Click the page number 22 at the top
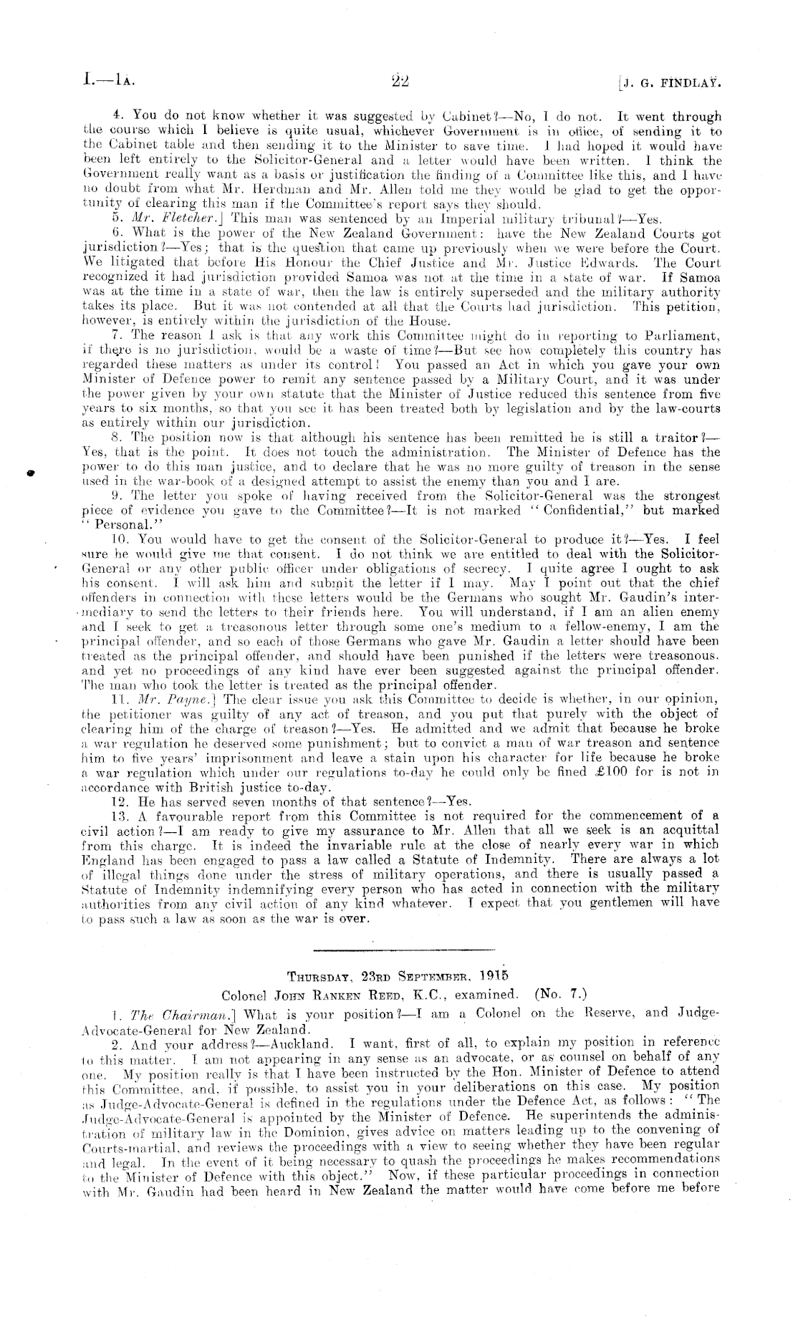(x=399, y=81)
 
